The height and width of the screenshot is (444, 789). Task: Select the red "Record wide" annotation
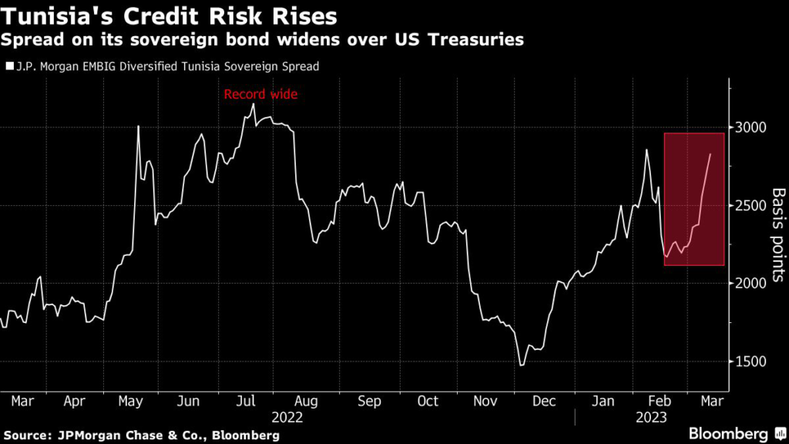(260, 95)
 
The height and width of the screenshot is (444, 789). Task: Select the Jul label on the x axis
(246, 402)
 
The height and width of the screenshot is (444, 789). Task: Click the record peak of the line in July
(253, 104)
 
